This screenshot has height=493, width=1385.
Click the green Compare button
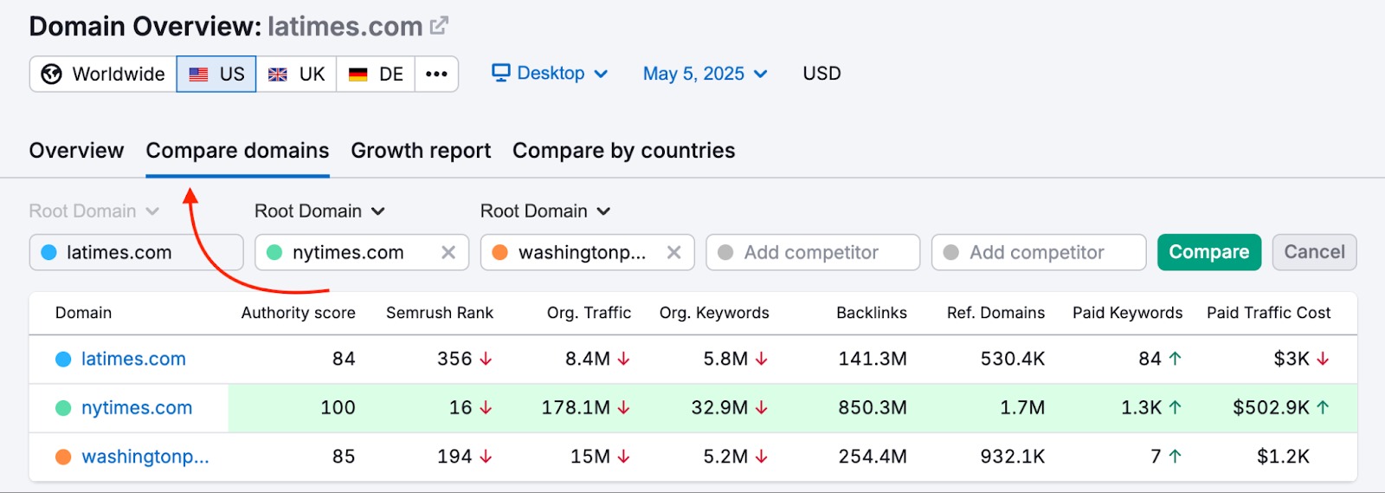(1208, 252)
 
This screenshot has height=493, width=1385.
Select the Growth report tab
(421, 151)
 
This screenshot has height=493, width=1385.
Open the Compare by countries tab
(623, 151)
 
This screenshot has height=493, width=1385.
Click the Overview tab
(76, 151)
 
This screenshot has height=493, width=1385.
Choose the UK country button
(296, 75)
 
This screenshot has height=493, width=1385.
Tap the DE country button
(376, 75)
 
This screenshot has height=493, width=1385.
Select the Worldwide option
(103, 75)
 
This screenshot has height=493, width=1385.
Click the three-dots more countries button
(436, 75)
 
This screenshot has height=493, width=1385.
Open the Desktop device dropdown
(550, 74)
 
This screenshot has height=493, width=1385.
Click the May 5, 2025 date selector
(705, 74)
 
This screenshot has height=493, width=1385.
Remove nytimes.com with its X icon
(448, 252)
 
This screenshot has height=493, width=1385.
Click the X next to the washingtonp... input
(674, 252)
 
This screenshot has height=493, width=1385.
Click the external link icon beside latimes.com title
(440, 26)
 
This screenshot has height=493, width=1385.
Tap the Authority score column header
(298, 313)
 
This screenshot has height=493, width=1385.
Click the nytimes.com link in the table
(137, 408)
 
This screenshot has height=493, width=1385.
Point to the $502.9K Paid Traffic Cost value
(1270, 408)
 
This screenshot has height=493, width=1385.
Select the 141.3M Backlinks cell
(872, 359)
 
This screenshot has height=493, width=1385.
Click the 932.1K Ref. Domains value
(1012, 457)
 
